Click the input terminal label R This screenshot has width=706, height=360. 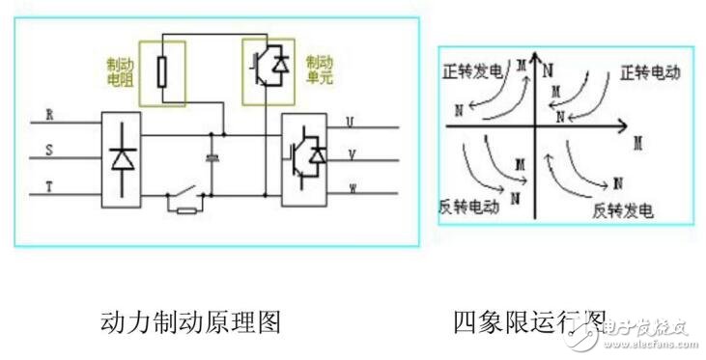(x=48, y=113)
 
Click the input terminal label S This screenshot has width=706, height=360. (x=48, y=150)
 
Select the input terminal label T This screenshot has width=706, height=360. (x=48, y=186)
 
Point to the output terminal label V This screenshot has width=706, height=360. (x=350, y=154)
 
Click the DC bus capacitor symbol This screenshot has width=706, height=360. (x=212, y=156)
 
